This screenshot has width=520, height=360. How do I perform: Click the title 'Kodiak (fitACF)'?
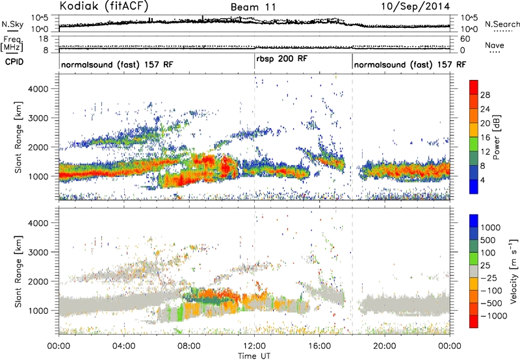pos(104,6)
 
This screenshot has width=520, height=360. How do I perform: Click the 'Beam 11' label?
pos(253,7)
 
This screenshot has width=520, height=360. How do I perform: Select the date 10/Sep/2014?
pos(415,6)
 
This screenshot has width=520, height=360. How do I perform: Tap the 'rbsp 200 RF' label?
pos(282,59)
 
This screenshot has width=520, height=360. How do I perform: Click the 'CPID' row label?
pos(14,62)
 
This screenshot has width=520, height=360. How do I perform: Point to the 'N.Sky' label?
pos(12,24)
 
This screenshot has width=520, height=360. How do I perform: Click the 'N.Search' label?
pos(502,24)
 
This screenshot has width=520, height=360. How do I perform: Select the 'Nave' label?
pos(495,45)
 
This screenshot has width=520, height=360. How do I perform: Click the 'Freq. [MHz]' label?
pos(12,44)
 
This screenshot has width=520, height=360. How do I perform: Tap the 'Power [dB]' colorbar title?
pos(496,137)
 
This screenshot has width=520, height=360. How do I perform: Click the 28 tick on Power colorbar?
pos(485,95)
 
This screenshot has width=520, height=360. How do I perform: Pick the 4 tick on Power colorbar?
pos(482,181)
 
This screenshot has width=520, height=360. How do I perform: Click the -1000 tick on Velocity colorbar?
pos(493,316)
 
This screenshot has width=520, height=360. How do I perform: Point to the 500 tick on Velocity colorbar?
pos(488,240)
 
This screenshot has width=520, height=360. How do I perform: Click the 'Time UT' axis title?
pos(254,356)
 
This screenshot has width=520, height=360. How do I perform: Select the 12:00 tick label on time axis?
pos(254,346)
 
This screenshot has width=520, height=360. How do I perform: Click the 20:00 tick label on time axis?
pos(385,346)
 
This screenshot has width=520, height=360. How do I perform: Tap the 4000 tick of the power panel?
pos(39,89)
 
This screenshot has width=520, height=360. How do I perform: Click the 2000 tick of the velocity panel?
pos(39,281)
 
